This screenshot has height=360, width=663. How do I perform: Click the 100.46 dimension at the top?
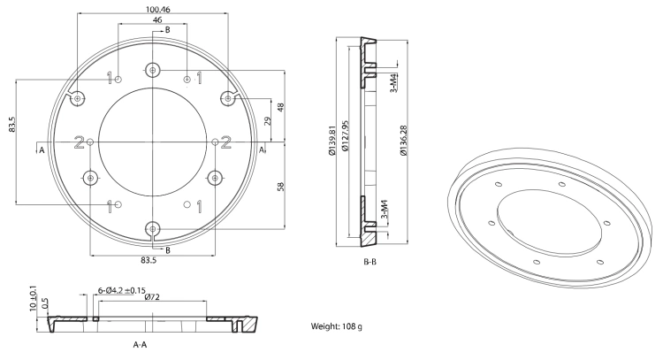(158, 9)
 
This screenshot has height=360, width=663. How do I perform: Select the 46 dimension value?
(156, 19)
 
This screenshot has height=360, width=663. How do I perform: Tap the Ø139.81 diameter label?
(331, 140)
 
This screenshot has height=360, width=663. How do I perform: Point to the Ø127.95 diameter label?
(345, 136)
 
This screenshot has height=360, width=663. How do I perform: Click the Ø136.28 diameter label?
(403, 141)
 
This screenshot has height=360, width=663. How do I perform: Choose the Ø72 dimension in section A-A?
(152, 297)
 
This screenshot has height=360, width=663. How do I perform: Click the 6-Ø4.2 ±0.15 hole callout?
(122, 291)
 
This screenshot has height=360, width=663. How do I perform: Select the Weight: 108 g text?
(337, 326)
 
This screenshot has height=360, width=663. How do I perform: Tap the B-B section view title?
(370, 262)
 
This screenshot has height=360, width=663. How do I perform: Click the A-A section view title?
(140, 345)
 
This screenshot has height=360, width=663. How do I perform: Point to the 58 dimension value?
(281, 186)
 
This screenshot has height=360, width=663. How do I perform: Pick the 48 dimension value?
(281, 107)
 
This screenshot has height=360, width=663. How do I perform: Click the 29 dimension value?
(267, 121)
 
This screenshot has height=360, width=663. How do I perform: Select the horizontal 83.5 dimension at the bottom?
(149, 261)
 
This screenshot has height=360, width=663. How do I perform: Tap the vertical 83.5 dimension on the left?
(12, 125)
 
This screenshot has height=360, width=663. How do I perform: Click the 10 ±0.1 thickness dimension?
(34, 299)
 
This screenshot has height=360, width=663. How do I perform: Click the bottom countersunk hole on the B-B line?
(153, 230)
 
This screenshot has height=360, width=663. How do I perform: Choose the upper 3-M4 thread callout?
(393, 83)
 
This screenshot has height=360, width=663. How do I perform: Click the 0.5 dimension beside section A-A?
(45, 303)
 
